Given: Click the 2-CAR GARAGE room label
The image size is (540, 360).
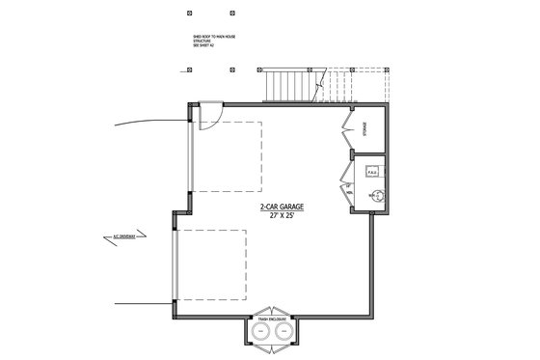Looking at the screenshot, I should pyautogui.click(x=280, y=208).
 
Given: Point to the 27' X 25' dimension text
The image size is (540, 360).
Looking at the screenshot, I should pyautogui.click(x=280, y=216).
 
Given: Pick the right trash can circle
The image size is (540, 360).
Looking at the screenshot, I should pyautogui.click(x=283, y=332).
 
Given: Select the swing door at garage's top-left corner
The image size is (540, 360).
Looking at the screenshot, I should pyautogui.click(x=206, y=117).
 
